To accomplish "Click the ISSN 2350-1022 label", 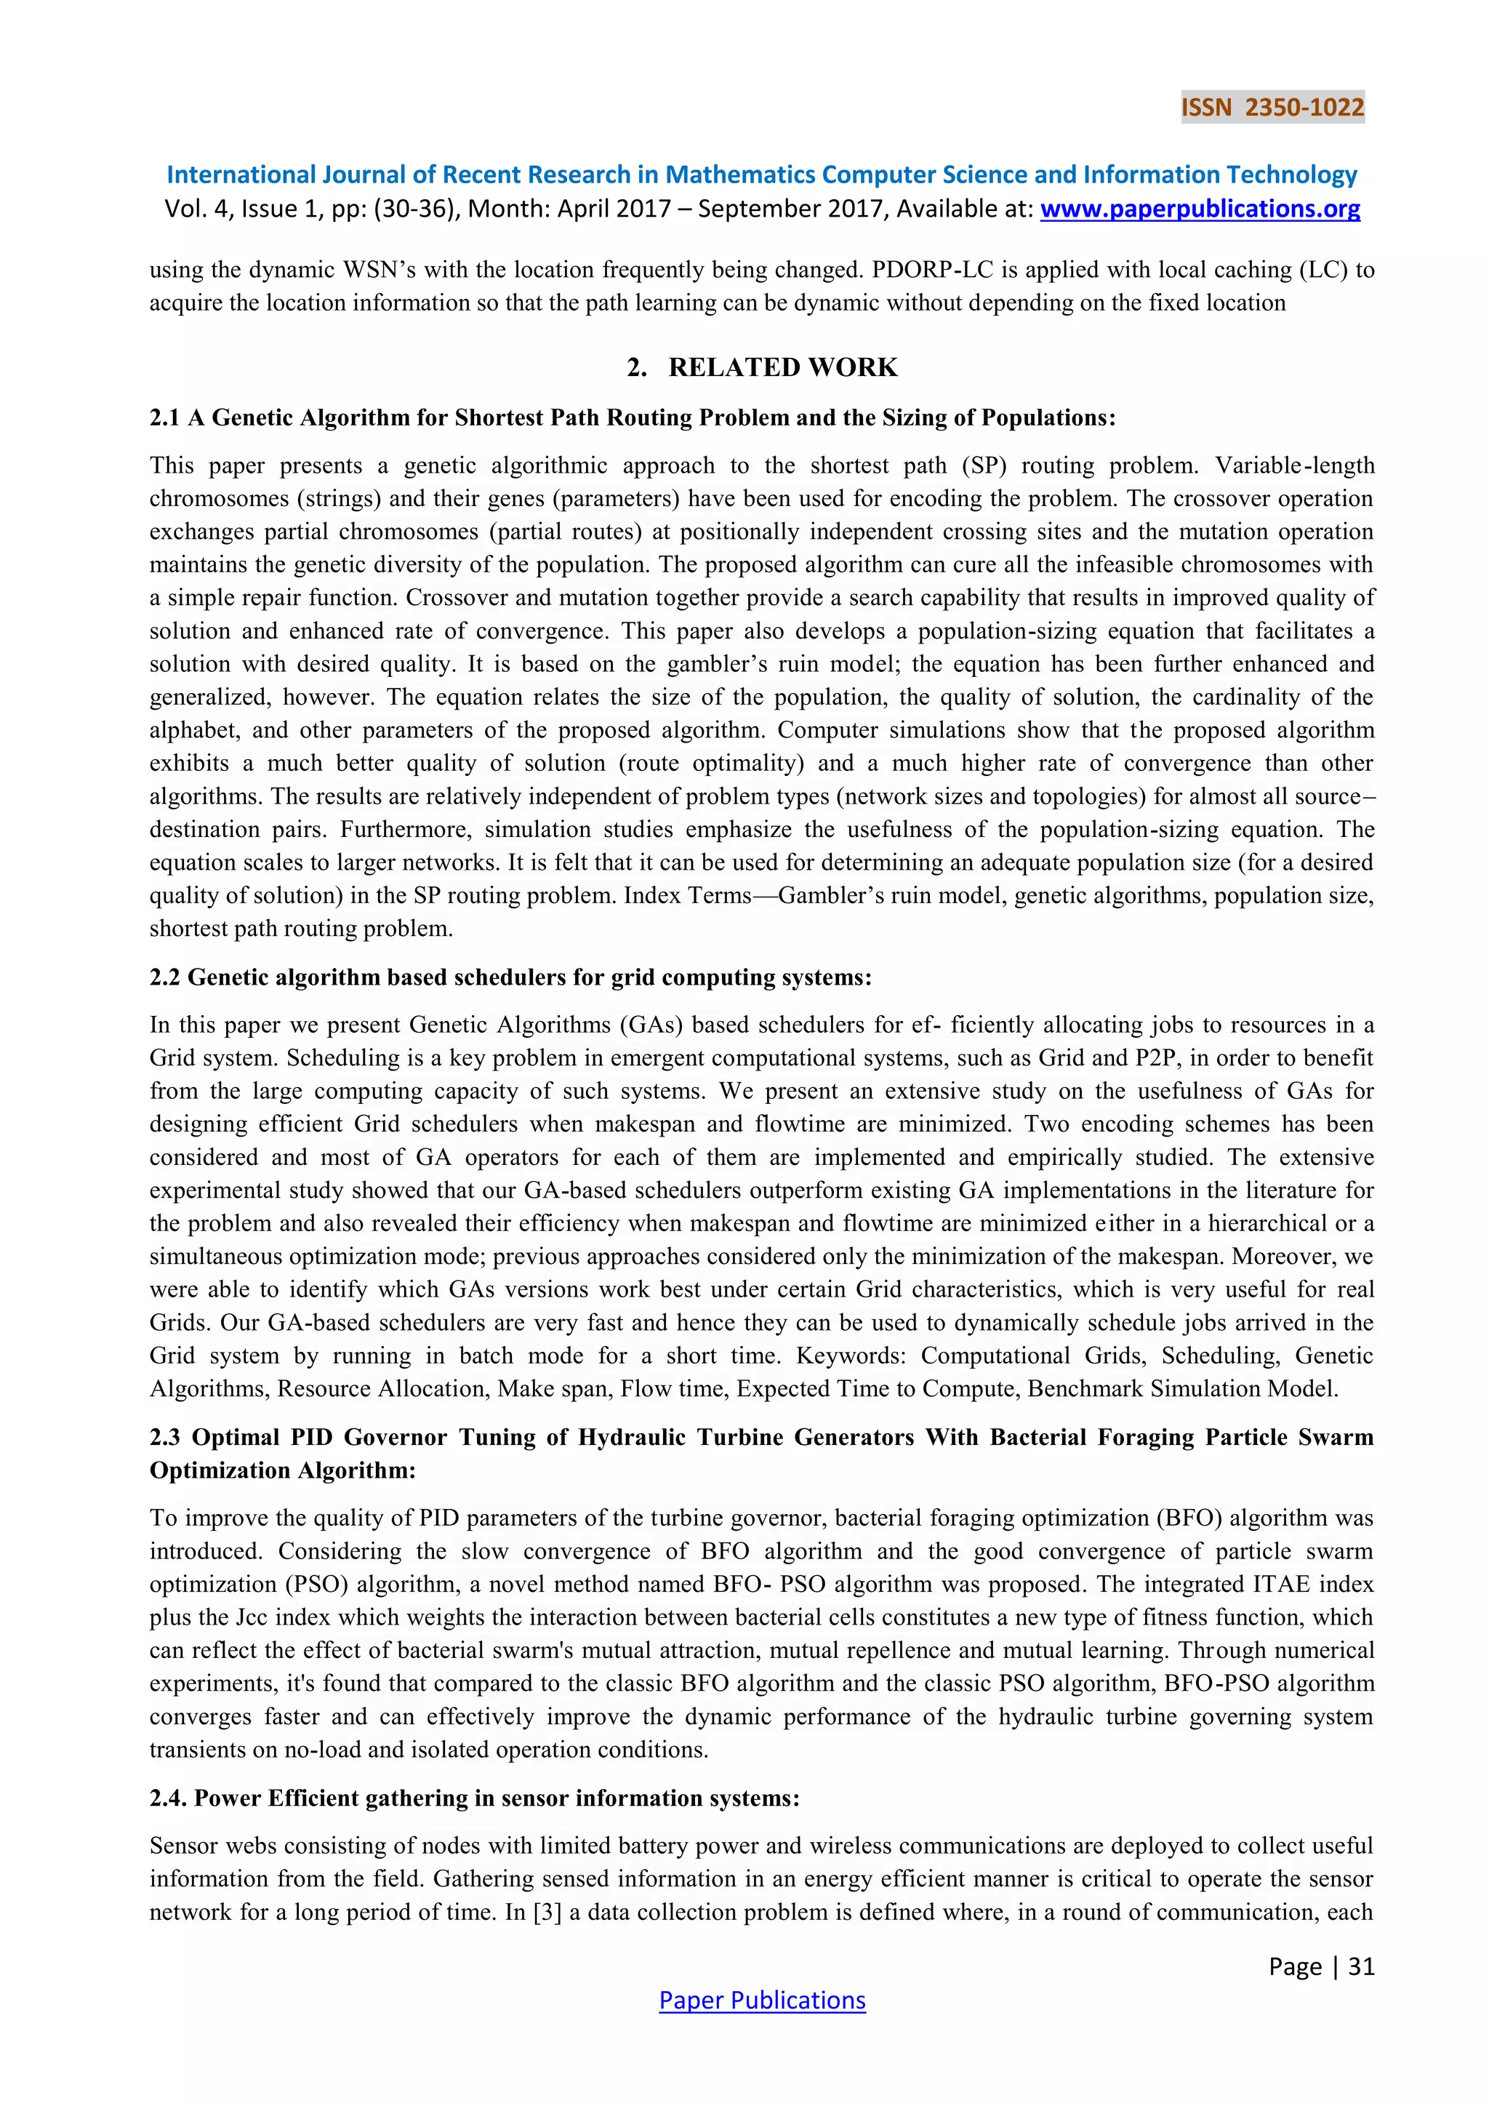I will click(1272, 108).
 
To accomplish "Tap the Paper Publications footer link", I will click(762, 2000).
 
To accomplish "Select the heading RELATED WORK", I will click(782, 367).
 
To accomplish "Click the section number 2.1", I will click(165, 418).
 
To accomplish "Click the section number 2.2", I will click(165, 978).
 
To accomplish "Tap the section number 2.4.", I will click(168, 1798).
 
